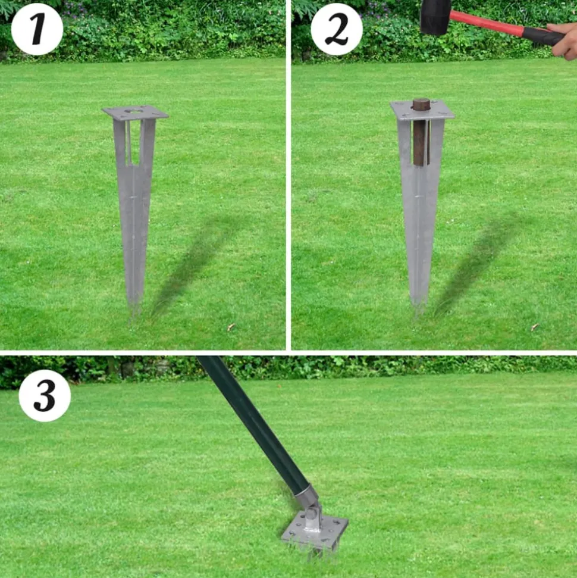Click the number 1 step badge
pyautogui.click(x=37, y=29)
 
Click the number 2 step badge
pyautogui.click(x=337, y=29)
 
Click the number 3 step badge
pyautogui.click(x=45, y=395)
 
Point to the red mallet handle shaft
pyautogui.click(x=487, y=23)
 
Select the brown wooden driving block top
pyautogui.click(x=421, y=104)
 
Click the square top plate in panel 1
pyautogui.click(x=135, y=112)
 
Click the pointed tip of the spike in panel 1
pyautogui.click(x=134, y=313)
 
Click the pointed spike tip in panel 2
pyautogui.click(x=419, y=311)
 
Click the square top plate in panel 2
pyautogui.click(x=422, y=110)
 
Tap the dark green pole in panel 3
pyautogui.click(x=254, y=424)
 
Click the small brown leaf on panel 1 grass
pyautogui.click(x=231, y=327)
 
